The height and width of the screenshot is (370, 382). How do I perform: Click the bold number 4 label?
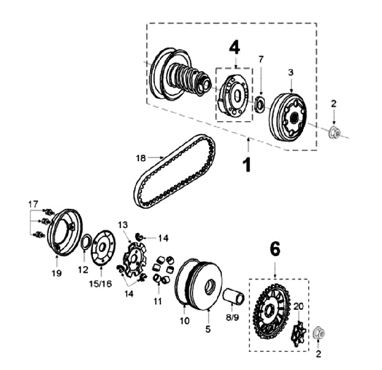(x=235, y=48)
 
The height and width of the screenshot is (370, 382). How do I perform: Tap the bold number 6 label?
(x=275, y=249)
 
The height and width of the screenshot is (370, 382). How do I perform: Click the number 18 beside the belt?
(x=141, y=158)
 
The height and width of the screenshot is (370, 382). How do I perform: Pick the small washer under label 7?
(x=259, y=104)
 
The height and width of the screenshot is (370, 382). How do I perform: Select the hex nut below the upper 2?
(x=334, y=132)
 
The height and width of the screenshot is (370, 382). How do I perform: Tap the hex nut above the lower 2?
(x=319, y=333)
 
